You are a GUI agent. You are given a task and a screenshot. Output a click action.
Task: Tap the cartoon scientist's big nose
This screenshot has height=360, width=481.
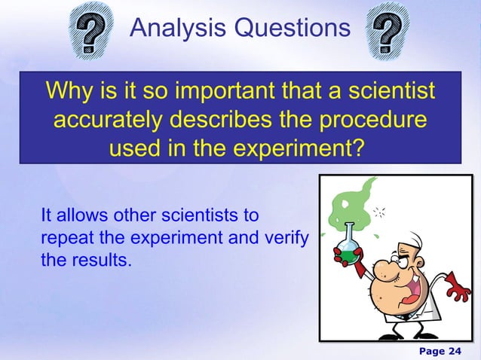click(381, 269)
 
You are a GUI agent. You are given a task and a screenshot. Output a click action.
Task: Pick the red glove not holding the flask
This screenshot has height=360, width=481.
click(455, 285)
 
